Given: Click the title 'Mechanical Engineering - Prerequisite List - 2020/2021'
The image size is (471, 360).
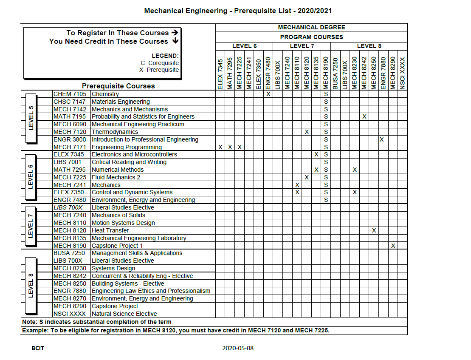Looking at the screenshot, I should click(238, 11).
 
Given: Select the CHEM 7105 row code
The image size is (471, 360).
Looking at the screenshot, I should click(70, 94).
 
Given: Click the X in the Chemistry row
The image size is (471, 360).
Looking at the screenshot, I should click(268, 94).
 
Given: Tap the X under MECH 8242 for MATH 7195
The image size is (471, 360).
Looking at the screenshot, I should click(364, 116).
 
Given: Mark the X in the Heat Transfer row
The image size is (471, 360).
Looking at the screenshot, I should click(374, 230).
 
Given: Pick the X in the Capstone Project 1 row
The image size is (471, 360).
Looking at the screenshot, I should click(393, 246).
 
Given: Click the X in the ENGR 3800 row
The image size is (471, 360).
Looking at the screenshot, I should click(382, 139).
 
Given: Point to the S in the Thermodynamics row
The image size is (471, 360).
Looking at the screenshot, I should click(326, 132).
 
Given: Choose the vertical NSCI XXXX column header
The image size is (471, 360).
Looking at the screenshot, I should click(403, 73).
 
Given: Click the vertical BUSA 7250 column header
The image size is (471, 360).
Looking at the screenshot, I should click(335, 73).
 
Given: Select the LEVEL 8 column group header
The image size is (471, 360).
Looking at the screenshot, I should click(369, 46).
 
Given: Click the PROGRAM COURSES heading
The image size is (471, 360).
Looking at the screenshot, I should click(311, 37).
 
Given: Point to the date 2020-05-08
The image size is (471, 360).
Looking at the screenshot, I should click(238, 348).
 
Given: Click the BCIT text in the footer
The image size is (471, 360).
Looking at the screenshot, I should click(38, 348).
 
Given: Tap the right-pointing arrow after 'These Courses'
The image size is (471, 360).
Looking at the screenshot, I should click(175, 32).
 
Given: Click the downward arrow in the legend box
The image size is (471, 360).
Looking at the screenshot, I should click(175, 41).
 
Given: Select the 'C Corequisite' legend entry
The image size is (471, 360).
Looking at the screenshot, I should click(160, 63).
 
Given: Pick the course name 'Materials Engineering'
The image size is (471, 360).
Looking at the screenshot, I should click(121, 102).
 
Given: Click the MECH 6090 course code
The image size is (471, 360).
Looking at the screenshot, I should click(70, 124).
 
